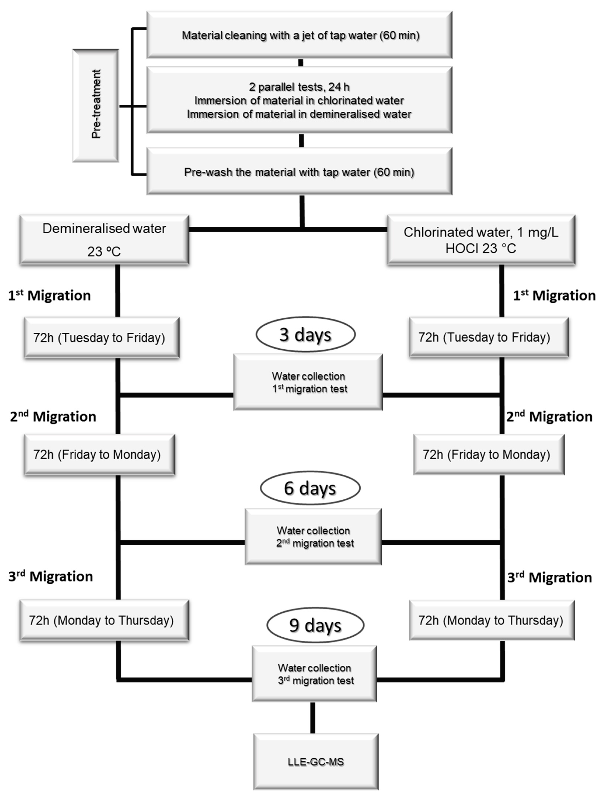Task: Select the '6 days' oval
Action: (310, 488)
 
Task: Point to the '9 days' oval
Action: (315, 625)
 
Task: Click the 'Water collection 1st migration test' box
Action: (308, 382)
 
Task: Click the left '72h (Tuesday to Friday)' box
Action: (102, 338)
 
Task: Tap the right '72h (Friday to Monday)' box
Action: (489, 454)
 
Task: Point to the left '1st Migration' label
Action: (50, 295)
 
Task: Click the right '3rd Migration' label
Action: (550, 578)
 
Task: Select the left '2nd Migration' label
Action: (53, 416)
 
